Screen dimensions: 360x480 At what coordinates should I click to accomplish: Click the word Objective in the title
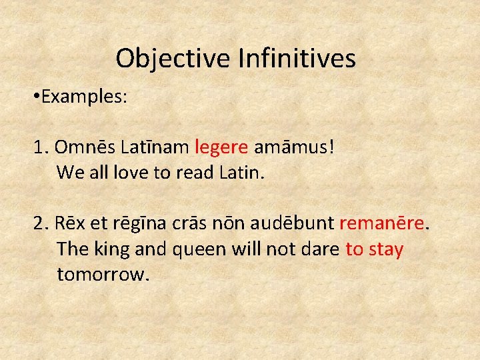[x=173, y=59]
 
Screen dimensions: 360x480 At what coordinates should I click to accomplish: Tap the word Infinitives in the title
[x=296, y=59]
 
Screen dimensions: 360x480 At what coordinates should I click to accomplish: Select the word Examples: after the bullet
[x=83, y=97]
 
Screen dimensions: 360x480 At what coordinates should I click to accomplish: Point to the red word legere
[x=222, y=146]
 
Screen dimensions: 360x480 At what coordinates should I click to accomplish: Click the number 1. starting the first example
[x=41, y=146]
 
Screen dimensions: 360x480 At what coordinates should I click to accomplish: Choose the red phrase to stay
[x=374, y=249]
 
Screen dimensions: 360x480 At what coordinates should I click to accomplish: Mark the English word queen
[x=199, y=249]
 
